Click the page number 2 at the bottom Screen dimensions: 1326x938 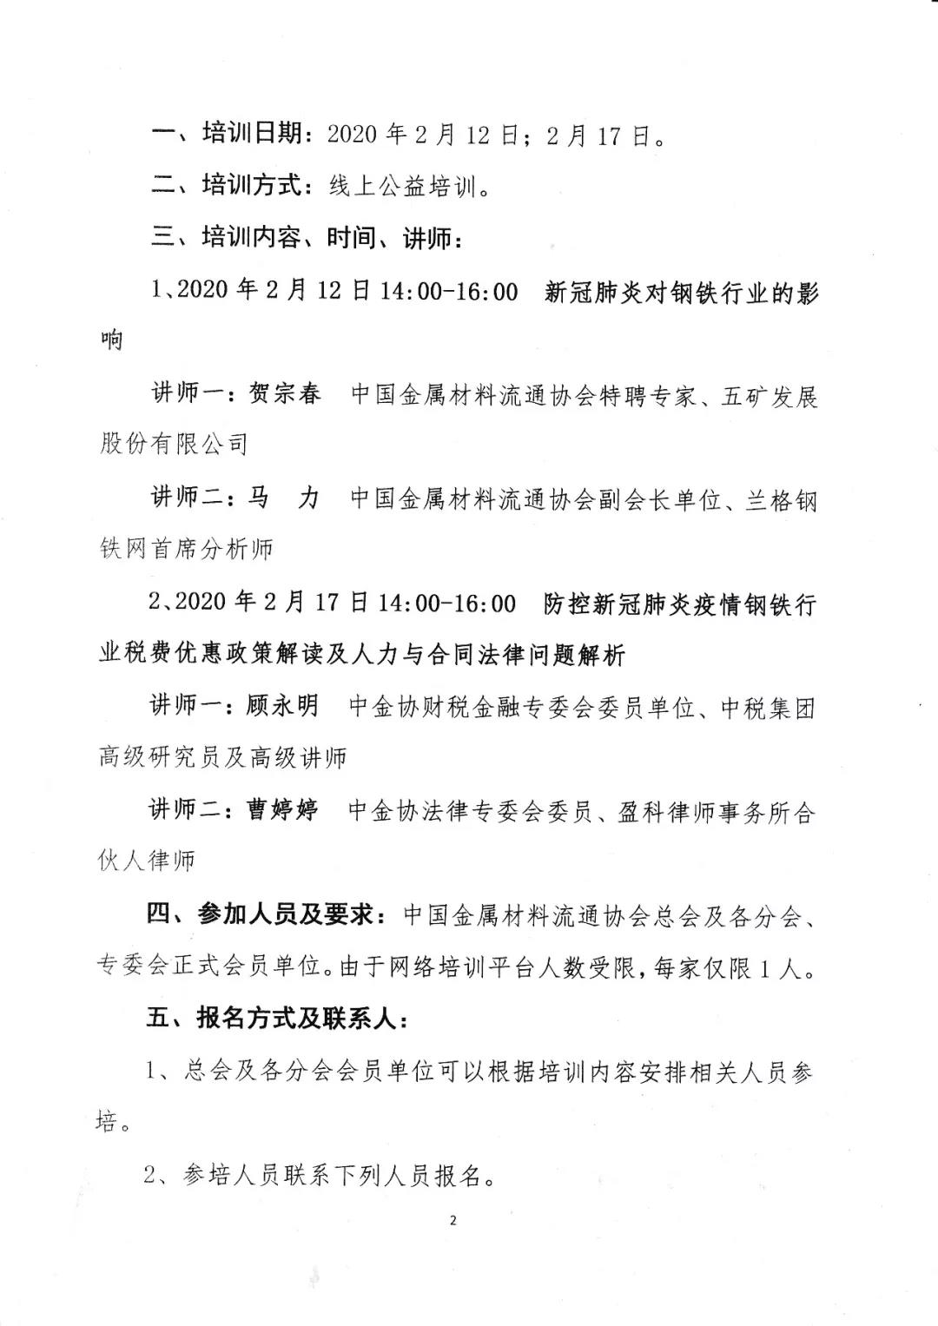(x=453, y=1220)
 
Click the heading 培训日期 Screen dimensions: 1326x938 (x=253, y=134)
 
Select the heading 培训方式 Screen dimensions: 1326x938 (x=253, y=185)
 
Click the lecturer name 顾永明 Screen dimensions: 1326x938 (x=283, y=706)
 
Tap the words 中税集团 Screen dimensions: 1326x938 (x=769, y=708)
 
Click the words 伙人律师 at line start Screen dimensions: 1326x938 (x=147, y=861)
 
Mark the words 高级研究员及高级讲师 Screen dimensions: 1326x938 (x=223, y=758)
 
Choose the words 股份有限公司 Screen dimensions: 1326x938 (x=174, y=444)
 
